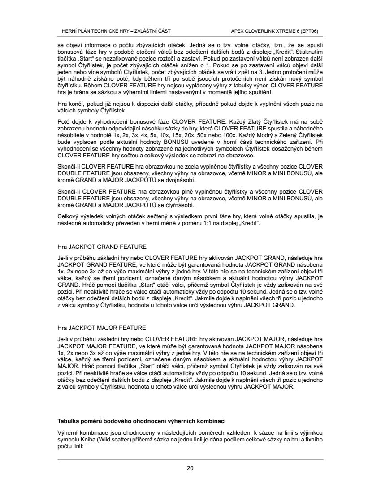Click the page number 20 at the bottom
click(190, 469)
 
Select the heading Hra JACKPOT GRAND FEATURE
click(102, 246)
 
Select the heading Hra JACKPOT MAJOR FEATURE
click(102, 328)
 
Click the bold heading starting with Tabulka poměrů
click(142, 422)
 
